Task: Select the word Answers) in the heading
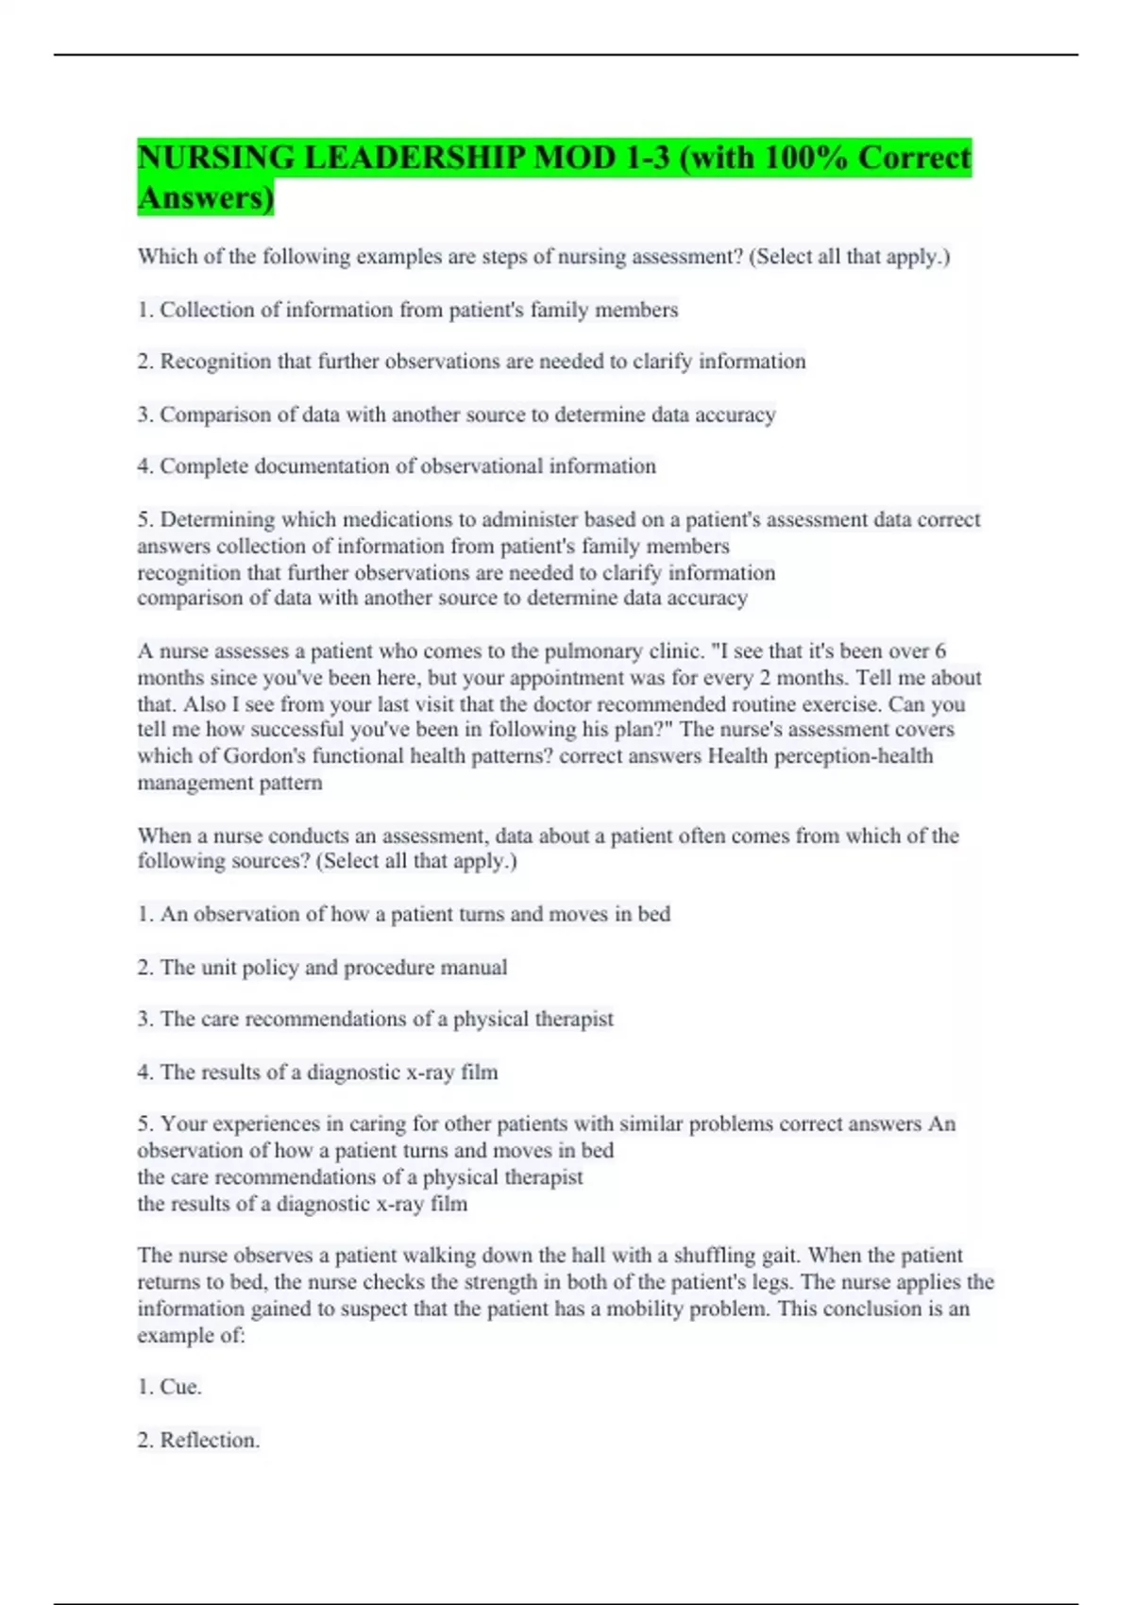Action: [206, 198]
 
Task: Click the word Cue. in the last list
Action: [180, 1387]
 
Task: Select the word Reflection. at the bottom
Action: [210, 1440]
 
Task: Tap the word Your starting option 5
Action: [183, 1124]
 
